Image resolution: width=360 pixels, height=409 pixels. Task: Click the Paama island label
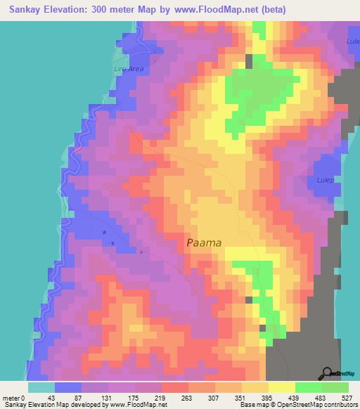[x=204, y=242]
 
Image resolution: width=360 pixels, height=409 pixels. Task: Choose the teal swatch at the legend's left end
[x=41, y=387]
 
